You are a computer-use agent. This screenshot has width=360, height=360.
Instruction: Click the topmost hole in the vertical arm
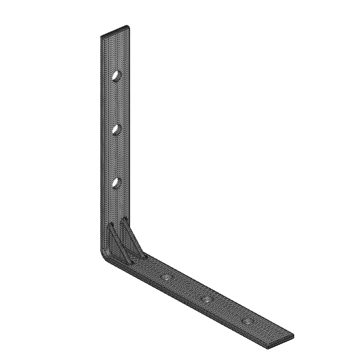click(116, 76)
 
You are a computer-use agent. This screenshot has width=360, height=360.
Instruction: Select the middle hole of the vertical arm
click(116, 130)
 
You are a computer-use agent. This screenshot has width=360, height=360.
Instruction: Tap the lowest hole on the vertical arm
click(116, 183)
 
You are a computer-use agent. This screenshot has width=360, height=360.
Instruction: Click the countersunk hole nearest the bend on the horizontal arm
click(166, 278)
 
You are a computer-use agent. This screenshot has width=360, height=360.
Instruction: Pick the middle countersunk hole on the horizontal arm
click(207, 299)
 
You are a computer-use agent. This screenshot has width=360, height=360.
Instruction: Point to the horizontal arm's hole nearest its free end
click(247, 321)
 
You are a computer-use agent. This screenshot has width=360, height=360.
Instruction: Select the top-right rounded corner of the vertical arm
click(128, 27)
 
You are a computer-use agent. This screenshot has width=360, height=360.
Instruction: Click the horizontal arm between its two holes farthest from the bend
click(227, 310)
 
